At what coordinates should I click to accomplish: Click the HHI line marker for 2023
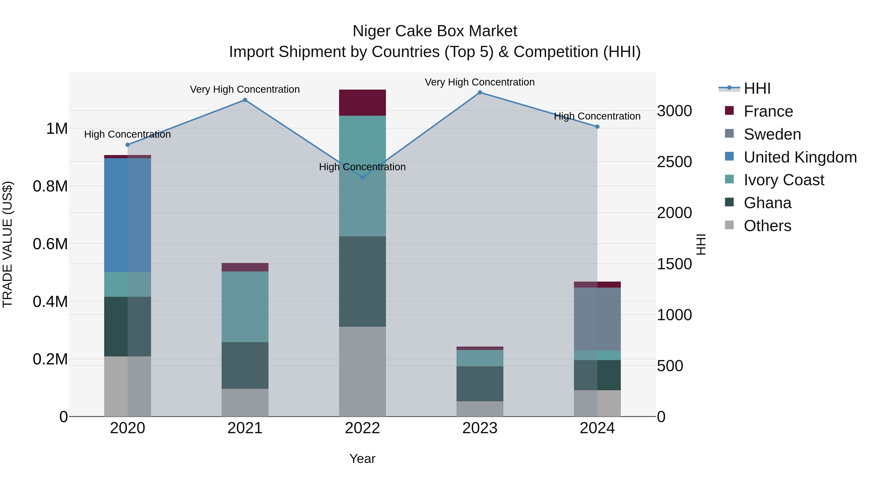(x=479, y=92)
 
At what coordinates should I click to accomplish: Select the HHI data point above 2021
(x=245, y=100)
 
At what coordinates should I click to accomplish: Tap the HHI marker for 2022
(x=362, y=177)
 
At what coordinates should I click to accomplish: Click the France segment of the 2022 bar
(x=362, y=103)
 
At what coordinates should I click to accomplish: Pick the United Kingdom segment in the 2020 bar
(x=127, y=215)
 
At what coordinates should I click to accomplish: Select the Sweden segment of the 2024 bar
(x=597, y=319)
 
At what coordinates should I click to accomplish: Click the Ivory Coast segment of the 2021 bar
(x=245, y=307)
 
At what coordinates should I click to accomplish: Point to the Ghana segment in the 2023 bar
(x=479, y=384)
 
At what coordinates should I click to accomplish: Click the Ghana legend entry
(x=767, y=203)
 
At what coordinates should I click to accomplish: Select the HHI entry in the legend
(x=757, y=88)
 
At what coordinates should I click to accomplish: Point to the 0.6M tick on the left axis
(x=50, y=244)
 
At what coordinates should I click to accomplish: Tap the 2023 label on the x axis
(x=479, y=428)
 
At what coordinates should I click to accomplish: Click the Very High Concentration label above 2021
(x=245, y=89)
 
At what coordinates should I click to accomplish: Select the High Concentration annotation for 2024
(x=597, y=116)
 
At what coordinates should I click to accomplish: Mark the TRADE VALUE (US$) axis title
(x=7, y=244)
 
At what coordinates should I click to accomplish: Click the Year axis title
(x=362, y=459)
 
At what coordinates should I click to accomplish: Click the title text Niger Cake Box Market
(x=435, y=31)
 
